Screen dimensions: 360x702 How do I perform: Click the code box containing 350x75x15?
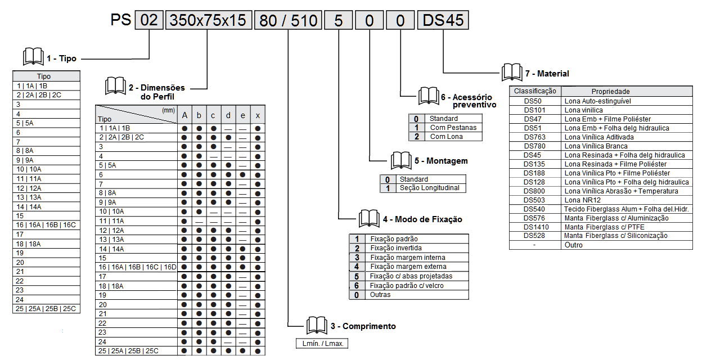(208, 21)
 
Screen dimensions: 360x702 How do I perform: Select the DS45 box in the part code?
(443, 21)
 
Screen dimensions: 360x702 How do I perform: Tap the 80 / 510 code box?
(289, 21)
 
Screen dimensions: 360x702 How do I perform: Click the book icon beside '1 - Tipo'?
(33, 57)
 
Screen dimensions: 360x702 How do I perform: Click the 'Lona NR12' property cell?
(582, 200)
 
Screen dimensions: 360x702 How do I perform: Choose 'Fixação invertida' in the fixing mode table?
(396, 248)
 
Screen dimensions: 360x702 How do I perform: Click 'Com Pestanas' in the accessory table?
(453, 128)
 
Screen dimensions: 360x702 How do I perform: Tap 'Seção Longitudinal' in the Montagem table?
(429, 188)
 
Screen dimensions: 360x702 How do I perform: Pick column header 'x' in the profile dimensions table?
(258, 115)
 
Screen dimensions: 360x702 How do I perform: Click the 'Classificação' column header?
(535, 91)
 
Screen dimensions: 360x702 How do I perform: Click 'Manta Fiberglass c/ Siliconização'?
(616, 236)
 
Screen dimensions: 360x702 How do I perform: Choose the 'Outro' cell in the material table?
(574, 245)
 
